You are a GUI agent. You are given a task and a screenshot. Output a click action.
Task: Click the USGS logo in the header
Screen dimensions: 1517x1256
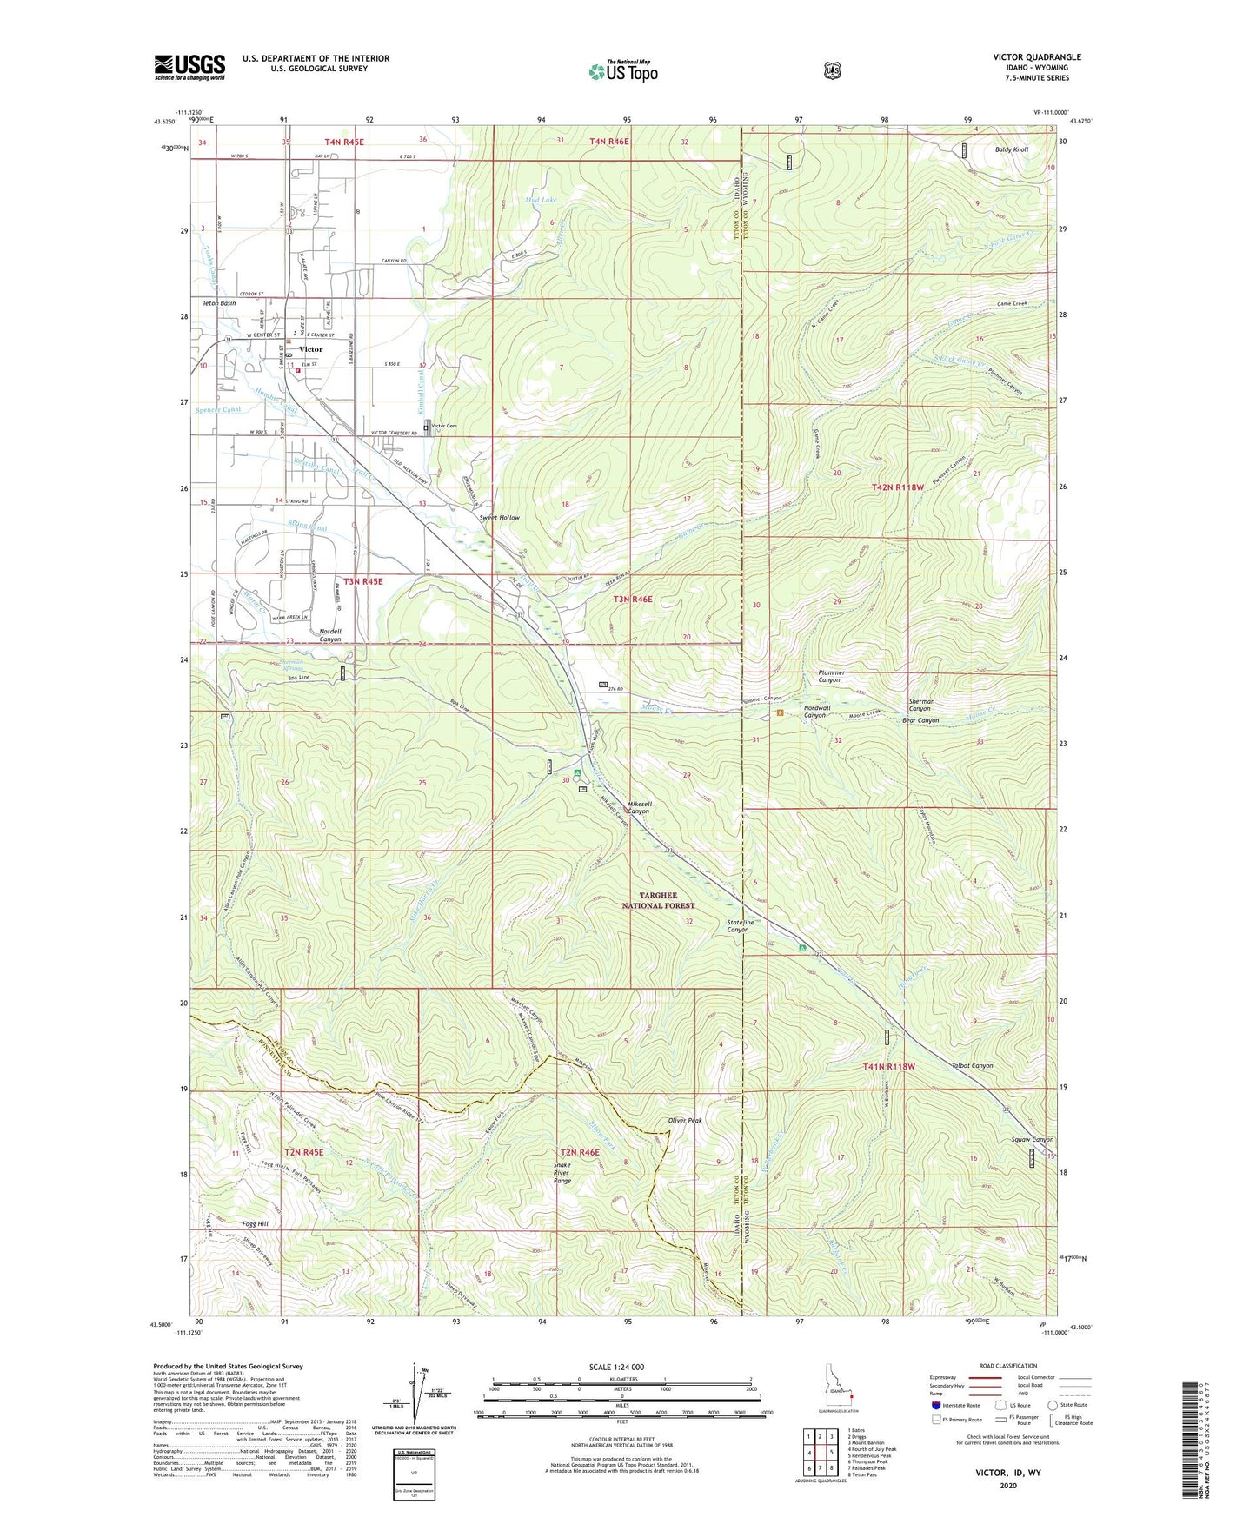(x=189, y=67)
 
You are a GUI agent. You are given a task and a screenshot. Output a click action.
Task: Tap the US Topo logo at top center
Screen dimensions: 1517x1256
(x=622, y=72)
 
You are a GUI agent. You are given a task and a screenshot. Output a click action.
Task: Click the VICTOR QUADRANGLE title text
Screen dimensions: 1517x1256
(x=1037, y=57)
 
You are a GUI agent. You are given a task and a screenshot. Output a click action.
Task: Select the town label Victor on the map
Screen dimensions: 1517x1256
(x=310, y=349)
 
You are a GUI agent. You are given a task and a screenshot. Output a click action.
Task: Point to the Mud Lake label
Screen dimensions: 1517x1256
(x=541, y=200)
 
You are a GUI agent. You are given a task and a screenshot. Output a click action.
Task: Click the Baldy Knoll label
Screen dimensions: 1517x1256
(x=1011, y=149)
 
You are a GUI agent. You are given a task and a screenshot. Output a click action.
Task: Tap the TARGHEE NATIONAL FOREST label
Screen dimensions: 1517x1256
(x=658, y=900)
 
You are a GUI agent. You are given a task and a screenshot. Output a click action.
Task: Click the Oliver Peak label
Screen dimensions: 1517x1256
(x=684, y=1120)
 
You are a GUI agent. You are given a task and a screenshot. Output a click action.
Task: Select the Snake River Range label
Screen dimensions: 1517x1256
(x=562, y=1173)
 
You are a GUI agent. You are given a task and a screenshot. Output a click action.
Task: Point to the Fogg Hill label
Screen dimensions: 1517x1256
(x=255, y=1223)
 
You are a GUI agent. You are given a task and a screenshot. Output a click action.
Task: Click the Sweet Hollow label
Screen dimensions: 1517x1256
(x=500, y=518)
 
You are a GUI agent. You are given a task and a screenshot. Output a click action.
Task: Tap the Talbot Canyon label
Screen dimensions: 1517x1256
(x=971, y=1065)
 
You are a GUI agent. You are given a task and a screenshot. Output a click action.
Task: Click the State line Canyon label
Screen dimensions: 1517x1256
(x=737, y=925)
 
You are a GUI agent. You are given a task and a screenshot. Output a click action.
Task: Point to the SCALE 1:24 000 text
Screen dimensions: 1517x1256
(x=616, y=1367)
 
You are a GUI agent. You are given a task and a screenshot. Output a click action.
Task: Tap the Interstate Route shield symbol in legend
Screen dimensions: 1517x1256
(x=935, y=1405)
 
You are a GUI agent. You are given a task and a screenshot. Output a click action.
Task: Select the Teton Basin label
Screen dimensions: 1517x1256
(x=219, y=303)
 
